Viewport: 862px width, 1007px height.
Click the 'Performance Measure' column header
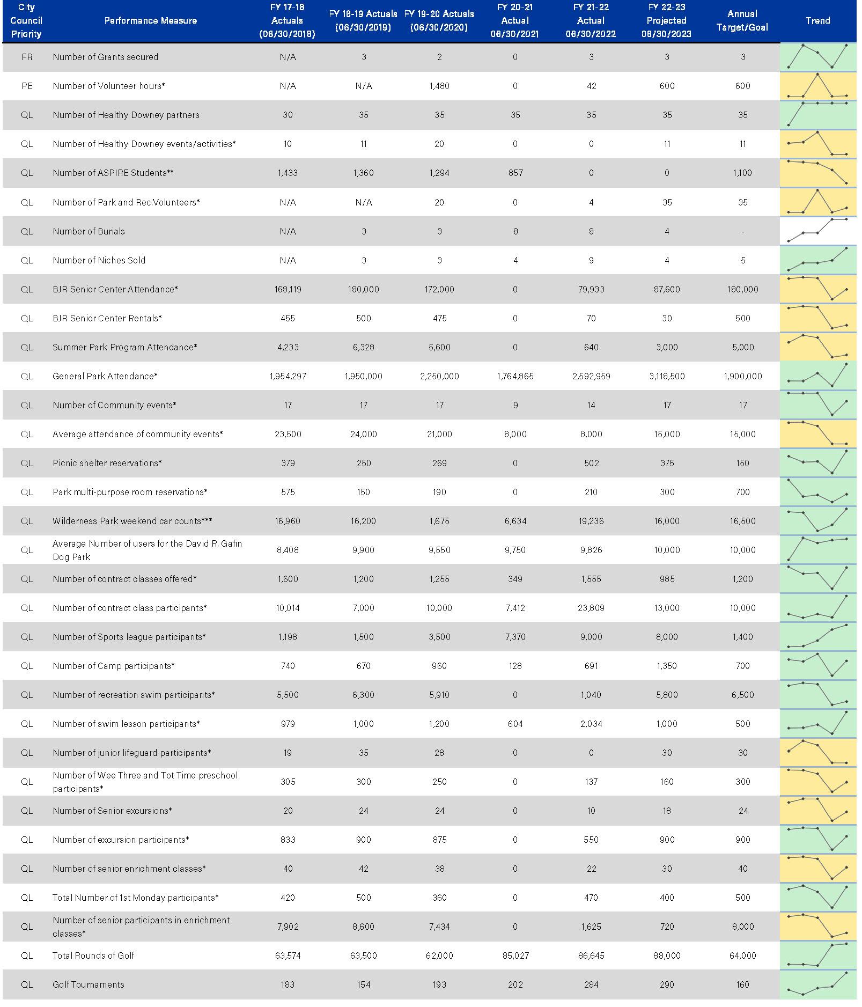pyautogui.click(x=150, y=21)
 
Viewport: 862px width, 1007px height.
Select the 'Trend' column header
pyautogui.click(x=817, y=21)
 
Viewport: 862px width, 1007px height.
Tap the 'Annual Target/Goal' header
pyautogui.click(x=742, y=21)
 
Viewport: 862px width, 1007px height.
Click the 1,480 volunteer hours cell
pyautogui.click(x=439, y=86)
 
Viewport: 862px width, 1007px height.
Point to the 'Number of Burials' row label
pyautogui.click(x=89, y=231)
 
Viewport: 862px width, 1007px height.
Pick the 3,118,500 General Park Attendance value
pyautogui.click(x=667, y=376)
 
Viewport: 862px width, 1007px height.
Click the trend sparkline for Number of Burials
pyautogui.click(x=817, y=231)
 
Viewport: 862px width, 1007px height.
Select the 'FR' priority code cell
pyautogui.click(x=27, y=57)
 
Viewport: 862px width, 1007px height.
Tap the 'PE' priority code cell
pyautogui.click(x=27, y=86)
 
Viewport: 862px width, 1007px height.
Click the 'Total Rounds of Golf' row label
pyautogui.click(x=93, y=955)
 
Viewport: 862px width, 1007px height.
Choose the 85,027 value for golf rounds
pyautogui.click(x=515, y=955)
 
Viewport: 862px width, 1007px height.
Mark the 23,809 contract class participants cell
pyautogui.click(x=591, y=608)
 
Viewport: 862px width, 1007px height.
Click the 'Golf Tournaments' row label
pyautogui.click(x=88, y=984)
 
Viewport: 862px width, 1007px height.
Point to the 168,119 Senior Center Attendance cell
pyautogui.click(x=288, y=289)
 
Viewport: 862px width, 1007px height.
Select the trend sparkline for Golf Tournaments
pyautogui.click(x=817, y=984)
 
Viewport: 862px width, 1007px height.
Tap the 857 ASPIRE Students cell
pyautogui.click(x=515, y=173)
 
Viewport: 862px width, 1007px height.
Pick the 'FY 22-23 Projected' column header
pyautogui.click(x=667, y=21)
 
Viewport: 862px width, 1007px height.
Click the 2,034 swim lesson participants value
pyautogui.click(x=591, y=724)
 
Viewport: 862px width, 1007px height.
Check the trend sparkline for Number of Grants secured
pyautogui.click(x=817, y=56)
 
